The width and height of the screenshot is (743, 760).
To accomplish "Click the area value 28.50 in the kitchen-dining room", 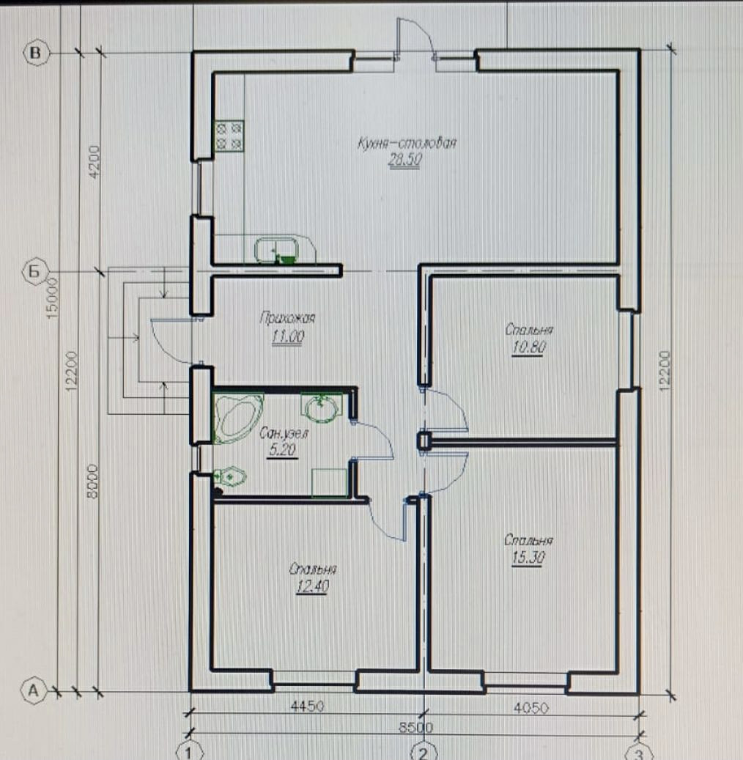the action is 404,160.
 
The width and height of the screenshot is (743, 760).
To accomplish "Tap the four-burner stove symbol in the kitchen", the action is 229,136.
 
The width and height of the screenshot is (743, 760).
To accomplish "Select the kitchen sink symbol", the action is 277,250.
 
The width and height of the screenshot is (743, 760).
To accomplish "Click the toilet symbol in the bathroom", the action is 230,477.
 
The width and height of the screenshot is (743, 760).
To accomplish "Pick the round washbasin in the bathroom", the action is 322,407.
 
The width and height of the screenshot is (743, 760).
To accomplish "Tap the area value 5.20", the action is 282,450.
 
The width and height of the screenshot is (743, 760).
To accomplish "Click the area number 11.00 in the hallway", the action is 287,336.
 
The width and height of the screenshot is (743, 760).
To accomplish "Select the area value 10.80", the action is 529,347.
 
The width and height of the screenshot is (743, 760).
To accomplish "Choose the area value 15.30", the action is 528,558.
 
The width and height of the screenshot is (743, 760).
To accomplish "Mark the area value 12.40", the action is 313,586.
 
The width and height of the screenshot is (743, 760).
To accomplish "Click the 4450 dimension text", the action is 307,706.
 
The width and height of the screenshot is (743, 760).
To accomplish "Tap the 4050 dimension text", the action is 531,708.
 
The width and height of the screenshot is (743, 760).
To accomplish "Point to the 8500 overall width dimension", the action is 416,727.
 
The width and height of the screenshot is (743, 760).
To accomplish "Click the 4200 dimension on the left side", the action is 95,161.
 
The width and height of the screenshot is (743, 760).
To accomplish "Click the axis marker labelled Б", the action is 34,271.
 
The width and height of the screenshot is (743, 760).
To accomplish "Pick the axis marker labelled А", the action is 34,690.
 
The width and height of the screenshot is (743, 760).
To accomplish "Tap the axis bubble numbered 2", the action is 423,753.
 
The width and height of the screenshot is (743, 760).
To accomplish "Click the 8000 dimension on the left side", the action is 92,481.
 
